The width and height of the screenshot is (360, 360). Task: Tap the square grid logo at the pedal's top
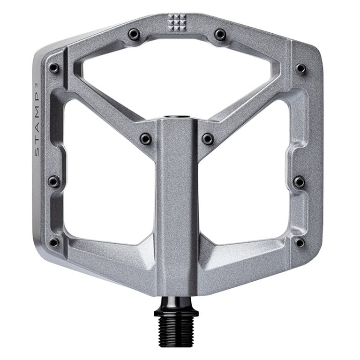click(177, 21)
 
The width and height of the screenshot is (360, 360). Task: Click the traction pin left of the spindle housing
click(146, 138)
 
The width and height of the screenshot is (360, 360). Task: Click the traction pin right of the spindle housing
click(208, 138)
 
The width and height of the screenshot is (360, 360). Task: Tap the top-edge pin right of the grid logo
click(220, 34)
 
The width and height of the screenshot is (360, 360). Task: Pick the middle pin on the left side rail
click(54, 181)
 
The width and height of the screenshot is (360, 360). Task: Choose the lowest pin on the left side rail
click(54, 242)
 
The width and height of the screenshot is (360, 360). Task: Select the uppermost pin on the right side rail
click(300, 68)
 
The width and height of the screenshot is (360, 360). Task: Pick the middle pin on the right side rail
click(299, 181)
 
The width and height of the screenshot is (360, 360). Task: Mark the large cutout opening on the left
click(108, 178)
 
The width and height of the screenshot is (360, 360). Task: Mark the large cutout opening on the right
click(248, 178)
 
